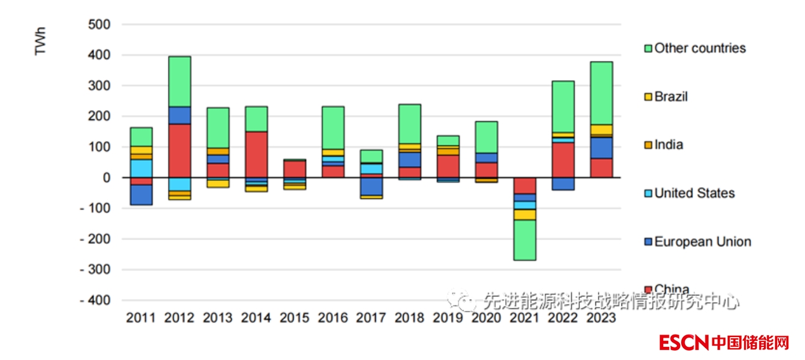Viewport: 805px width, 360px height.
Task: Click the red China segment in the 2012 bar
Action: point(179,150)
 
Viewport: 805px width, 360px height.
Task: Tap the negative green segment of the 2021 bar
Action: point(524,239)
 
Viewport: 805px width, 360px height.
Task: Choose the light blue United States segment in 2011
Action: point(141,168)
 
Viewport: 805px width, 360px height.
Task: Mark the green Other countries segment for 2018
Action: point(409,124)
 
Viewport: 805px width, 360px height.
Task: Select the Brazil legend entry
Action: point(671,97)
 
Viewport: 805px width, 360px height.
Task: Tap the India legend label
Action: point(668,145)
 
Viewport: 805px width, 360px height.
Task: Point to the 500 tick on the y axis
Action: point(99,25)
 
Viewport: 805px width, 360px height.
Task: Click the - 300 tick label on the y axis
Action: point(95,270)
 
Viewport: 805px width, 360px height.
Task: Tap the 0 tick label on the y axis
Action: point(106,178)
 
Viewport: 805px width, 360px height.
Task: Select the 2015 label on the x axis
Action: point(294,318)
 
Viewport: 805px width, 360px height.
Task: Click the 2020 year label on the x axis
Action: point(486,318)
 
